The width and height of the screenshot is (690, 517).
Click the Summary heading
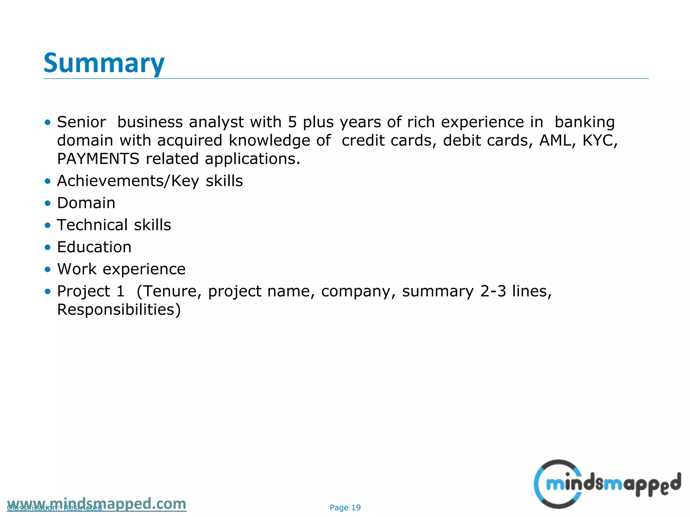104,63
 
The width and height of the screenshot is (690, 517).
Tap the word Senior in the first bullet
81,122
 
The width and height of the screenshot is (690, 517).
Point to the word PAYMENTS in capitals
98,159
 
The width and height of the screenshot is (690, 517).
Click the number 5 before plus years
292,122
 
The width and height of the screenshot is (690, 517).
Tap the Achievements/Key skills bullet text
150,181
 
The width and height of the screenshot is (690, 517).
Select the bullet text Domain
86,203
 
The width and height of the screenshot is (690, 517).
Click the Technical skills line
114,225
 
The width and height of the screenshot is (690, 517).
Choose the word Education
94,247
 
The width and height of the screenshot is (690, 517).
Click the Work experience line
121,269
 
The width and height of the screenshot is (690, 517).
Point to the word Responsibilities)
119,310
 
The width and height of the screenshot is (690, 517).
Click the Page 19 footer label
345,508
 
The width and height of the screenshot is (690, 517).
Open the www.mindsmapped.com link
96,504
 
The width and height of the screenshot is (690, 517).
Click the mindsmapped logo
606,484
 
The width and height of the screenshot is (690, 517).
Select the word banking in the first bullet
585,122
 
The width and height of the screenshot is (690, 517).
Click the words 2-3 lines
516,291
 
